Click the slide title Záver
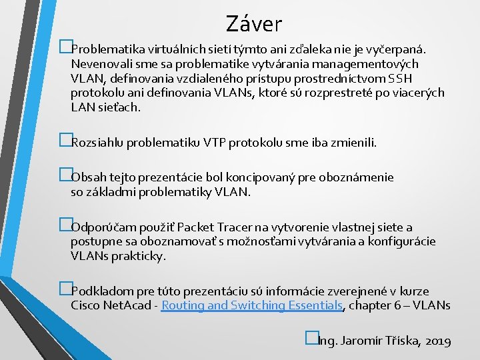[x=253, y=24]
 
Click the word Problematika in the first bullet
[x=103, y=49]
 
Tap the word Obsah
[x=87, y=178]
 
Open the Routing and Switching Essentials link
[x=252, y=306]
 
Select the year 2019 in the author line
[x=437, y=341]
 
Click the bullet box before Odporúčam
[x=65, y=226]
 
